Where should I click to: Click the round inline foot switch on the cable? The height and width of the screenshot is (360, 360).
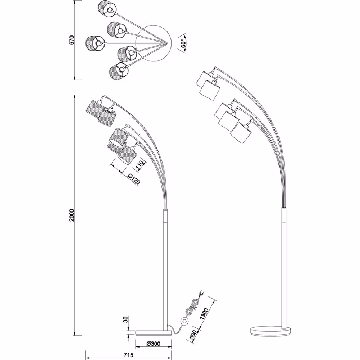pyautogui.click(x=184, y=322)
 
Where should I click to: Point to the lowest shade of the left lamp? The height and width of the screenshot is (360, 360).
pyautogui.click(x=128, y=155)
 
